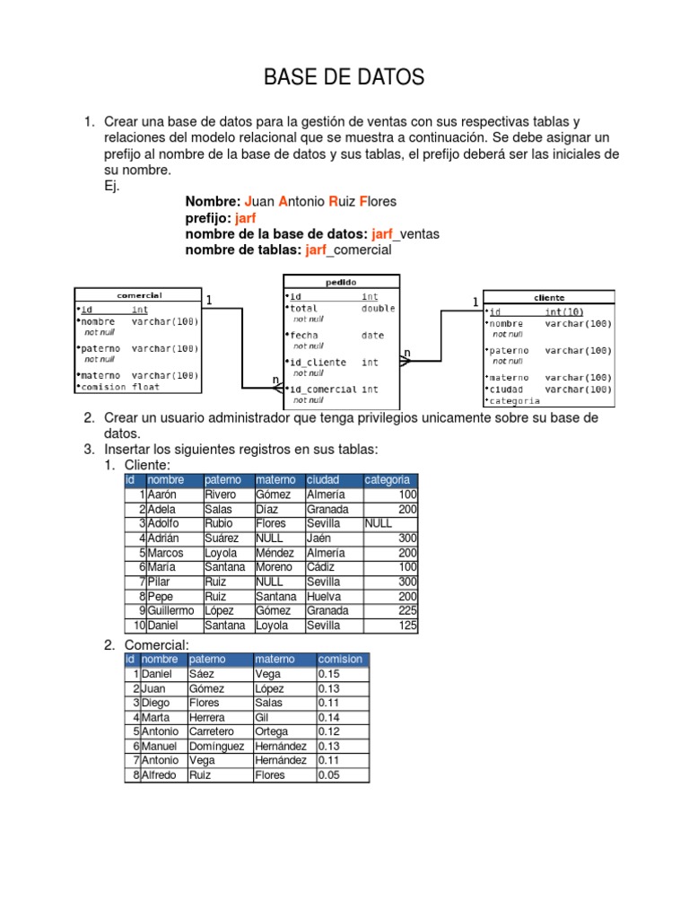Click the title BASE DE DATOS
344,79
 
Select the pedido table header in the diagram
342,281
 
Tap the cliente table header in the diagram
549,297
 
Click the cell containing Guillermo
169,611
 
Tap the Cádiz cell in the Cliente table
321,567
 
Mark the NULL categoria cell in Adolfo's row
379,523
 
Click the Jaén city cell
318,538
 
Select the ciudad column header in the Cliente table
323,480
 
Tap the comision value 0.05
329,775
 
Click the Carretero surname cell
212,731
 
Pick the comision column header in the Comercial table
340,659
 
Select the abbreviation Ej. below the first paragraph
112,186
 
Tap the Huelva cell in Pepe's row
324,596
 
